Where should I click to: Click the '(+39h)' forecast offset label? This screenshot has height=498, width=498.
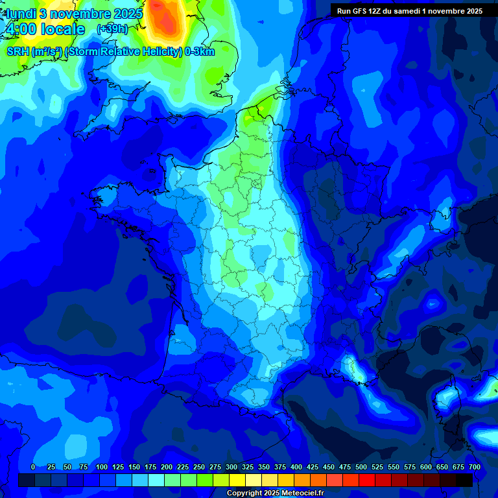(112, 29)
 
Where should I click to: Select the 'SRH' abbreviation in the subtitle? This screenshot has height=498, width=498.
(18, 52)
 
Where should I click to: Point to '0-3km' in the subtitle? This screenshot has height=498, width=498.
(199, 52)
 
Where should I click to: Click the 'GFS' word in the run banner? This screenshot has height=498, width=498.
(360, 11)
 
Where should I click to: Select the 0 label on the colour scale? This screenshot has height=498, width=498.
(33, 467)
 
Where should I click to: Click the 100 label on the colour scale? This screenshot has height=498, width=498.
(102, 467)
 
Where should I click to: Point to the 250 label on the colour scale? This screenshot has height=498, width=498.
(199, 467)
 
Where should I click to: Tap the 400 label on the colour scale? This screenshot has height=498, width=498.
(296, 467)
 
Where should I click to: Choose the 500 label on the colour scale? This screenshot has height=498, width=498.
(361, 467)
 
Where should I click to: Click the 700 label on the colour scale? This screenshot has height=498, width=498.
(474, 467)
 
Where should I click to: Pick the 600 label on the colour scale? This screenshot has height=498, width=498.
(426, 467)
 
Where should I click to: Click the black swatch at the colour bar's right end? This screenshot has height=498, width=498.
(464, 480)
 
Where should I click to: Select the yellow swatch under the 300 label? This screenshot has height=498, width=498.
(237, 480)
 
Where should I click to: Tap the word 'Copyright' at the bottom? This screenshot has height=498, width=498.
(244, 493)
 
